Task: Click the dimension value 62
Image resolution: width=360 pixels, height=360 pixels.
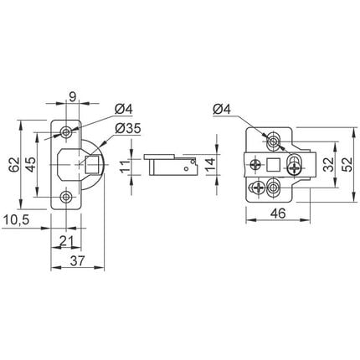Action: pos(13,165)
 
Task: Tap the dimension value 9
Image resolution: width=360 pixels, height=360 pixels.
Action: pos(72,97)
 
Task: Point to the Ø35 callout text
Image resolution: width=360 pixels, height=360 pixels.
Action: pos(128,129)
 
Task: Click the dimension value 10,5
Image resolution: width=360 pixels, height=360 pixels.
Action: pos(16,220)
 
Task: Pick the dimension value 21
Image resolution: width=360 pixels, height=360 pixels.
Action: pos(67,240)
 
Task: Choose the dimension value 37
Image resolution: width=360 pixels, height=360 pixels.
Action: pos(77,261)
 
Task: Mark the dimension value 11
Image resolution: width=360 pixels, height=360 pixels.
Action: pos(126,167)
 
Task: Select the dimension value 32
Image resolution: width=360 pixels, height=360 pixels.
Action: pos(328,164)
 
